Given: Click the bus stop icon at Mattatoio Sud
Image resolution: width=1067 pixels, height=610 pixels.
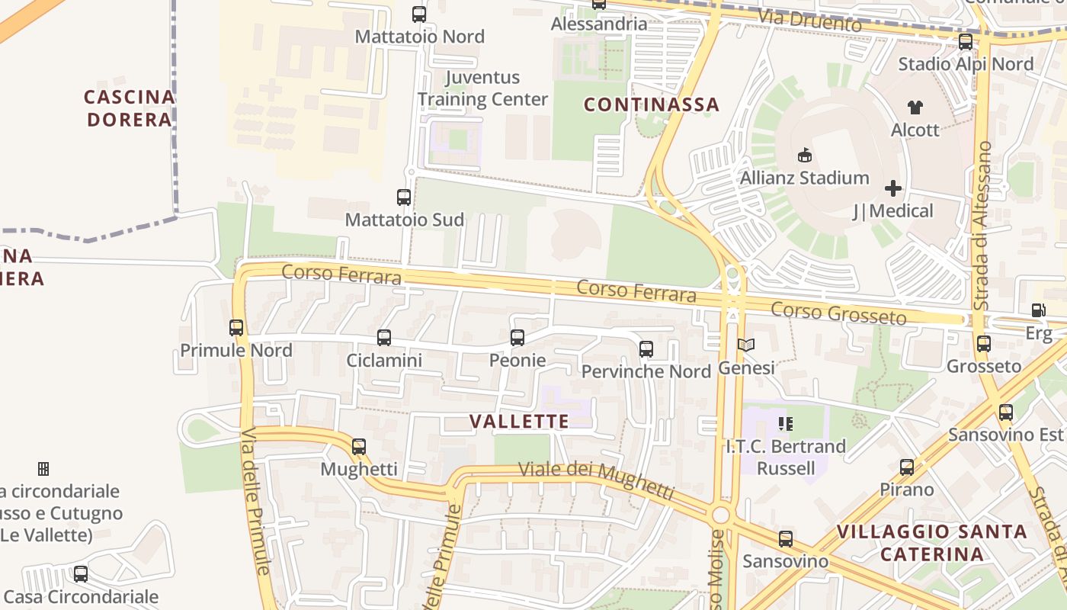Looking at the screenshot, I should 404,197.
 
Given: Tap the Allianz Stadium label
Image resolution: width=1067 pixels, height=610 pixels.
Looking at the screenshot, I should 804,178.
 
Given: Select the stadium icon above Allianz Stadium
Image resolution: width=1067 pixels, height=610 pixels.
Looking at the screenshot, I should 804,156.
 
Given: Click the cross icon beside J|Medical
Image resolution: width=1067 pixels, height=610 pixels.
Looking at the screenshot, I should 893,188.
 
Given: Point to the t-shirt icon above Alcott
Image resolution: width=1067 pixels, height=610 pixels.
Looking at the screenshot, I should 915,108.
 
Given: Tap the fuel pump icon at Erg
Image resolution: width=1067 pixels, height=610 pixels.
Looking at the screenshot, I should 1038,310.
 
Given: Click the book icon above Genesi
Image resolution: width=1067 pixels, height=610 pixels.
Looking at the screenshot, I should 746,345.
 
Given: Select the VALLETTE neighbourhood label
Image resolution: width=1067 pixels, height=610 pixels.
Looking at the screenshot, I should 519,422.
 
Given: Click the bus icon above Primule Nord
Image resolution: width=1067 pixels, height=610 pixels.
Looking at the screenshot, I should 236,328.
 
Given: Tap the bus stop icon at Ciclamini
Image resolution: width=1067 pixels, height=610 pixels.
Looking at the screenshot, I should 384,337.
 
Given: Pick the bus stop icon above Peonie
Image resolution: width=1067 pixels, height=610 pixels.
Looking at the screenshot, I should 517,337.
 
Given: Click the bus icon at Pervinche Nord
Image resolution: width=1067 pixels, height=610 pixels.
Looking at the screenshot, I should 646,349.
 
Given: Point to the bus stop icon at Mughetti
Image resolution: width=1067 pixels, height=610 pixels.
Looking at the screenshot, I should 359,446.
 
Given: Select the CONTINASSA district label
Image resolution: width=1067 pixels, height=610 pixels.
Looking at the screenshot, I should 652,104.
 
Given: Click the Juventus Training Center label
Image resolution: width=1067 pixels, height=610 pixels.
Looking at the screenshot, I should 482,88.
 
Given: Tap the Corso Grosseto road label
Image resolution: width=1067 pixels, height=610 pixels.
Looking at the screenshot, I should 838,313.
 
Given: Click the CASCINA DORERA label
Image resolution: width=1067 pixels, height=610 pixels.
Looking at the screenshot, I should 130,108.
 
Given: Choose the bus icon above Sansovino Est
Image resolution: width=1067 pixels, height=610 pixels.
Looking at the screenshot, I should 1006,413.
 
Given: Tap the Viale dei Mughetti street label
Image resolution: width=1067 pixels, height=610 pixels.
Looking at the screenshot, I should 596,480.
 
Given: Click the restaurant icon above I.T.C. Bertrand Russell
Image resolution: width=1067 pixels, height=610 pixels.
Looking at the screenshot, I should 785,423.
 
